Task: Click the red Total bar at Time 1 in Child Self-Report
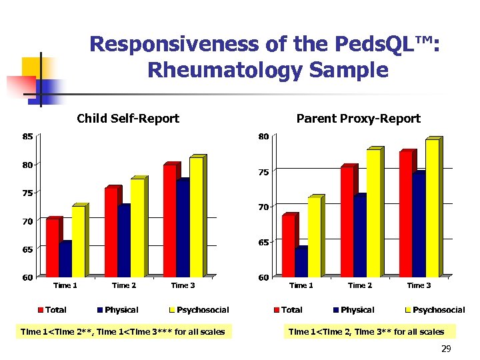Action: (x=52, y=247)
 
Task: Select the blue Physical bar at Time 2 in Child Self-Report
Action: (x=123, y=241)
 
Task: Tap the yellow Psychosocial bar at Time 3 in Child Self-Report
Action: (x=196, y=217)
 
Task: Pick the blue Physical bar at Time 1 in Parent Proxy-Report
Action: (x=301, y=262)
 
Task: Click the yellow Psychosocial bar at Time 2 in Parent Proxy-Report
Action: (x=373, y=213)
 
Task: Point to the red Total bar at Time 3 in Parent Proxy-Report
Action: (x=405, y=214)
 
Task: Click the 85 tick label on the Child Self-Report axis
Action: (x=27, y=137)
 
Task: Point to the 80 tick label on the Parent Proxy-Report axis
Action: (x=263, y=137)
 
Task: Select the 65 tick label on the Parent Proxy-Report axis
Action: (x=263, y=242)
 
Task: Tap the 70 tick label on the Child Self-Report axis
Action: (x=27, y=221)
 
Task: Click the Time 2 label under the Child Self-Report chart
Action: (x=124, y=285)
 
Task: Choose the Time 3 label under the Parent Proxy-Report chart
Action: (x=419, y=285)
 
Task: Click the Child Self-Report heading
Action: (x=128, y=119)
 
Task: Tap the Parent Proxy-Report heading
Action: (x=358, y=119)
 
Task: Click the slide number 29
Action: (x=446, y=349)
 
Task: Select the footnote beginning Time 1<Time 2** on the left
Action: (x=123, y=331)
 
